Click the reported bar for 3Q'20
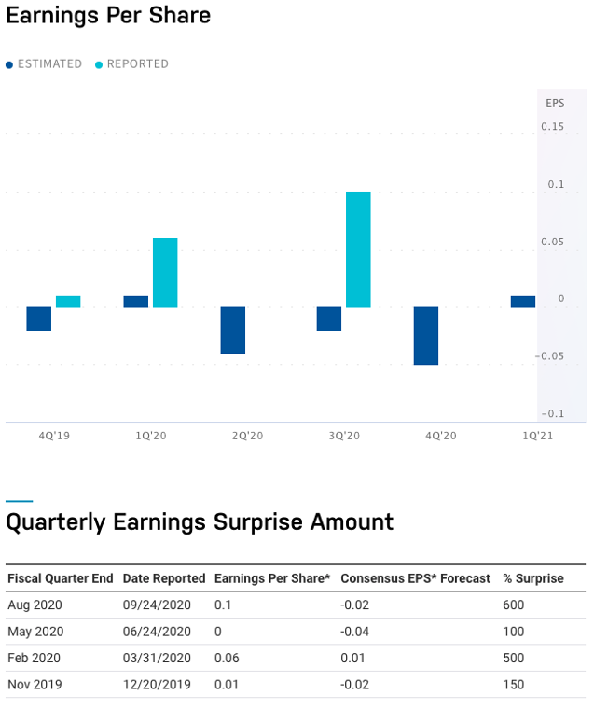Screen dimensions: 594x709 tap(358, 250)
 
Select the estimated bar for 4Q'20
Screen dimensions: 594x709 tap(426, 336)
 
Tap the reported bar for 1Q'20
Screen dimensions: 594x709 tap(165, 272)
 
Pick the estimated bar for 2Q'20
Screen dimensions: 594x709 tap(233, 330)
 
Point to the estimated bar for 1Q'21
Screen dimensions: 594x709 tap(523, 301)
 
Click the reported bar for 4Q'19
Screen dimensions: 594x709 tap(68, 301)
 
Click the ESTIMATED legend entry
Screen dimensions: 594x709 tap(44, 64)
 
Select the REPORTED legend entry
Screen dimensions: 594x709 tap(131, 64)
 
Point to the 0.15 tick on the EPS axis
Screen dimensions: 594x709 tap(552, 127)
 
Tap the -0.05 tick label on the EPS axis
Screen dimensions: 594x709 tap(549, 356)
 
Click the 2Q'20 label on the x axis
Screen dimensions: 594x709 tap(247, 436)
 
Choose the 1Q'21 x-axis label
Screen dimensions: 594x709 tap(537, 436)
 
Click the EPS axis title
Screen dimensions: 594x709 tap(555, 104)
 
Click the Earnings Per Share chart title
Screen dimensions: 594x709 tap(108, 15)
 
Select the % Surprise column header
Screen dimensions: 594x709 tap(533, 578)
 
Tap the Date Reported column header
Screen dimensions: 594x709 tap(164, 578)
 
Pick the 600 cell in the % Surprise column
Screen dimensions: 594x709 tap(513, 605)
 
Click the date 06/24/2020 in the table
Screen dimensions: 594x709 tap(157, 632)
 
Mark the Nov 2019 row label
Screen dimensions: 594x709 tap(35, 685)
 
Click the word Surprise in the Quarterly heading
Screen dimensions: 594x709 tap(258, 522)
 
